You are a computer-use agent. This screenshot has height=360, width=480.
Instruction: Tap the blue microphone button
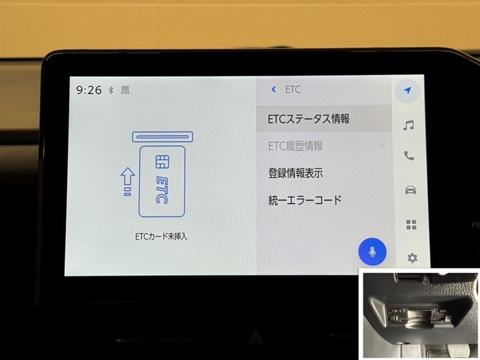(x=372, y=251)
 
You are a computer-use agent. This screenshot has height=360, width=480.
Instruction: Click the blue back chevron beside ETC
(x=274, y=89)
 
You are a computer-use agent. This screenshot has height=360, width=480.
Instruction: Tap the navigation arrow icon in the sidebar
(x=407, y=91)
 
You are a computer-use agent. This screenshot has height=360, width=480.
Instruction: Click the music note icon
(x=409, y=125)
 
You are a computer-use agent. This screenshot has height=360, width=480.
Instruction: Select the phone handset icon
(x=409, y=156)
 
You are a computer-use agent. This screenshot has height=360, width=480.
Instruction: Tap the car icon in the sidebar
(x=410, y=190)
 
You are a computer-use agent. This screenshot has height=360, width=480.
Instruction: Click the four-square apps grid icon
(x=411, y=224)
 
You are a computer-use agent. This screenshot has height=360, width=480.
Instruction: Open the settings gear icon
(x=412, y=258)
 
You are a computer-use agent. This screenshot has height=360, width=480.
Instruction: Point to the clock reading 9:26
(x=89, y=90)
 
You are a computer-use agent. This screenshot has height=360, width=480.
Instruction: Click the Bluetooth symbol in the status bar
(x=111, y=90)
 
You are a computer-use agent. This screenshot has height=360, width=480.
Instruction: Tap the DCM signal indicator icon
(x=125, y=90)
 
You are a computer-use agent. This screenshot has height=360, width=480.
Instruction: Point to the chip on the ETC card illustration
(x=162, y=161)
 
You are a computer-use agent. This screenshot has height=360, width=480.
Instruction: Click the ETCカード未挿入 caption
(x=161, y=236)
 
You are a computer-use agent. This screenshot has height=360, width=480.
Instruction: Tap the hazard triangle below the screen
(x=254, y=337)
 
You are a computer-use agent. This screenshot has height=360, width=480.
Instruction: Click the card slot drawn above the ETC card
(x=163, y=137)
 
